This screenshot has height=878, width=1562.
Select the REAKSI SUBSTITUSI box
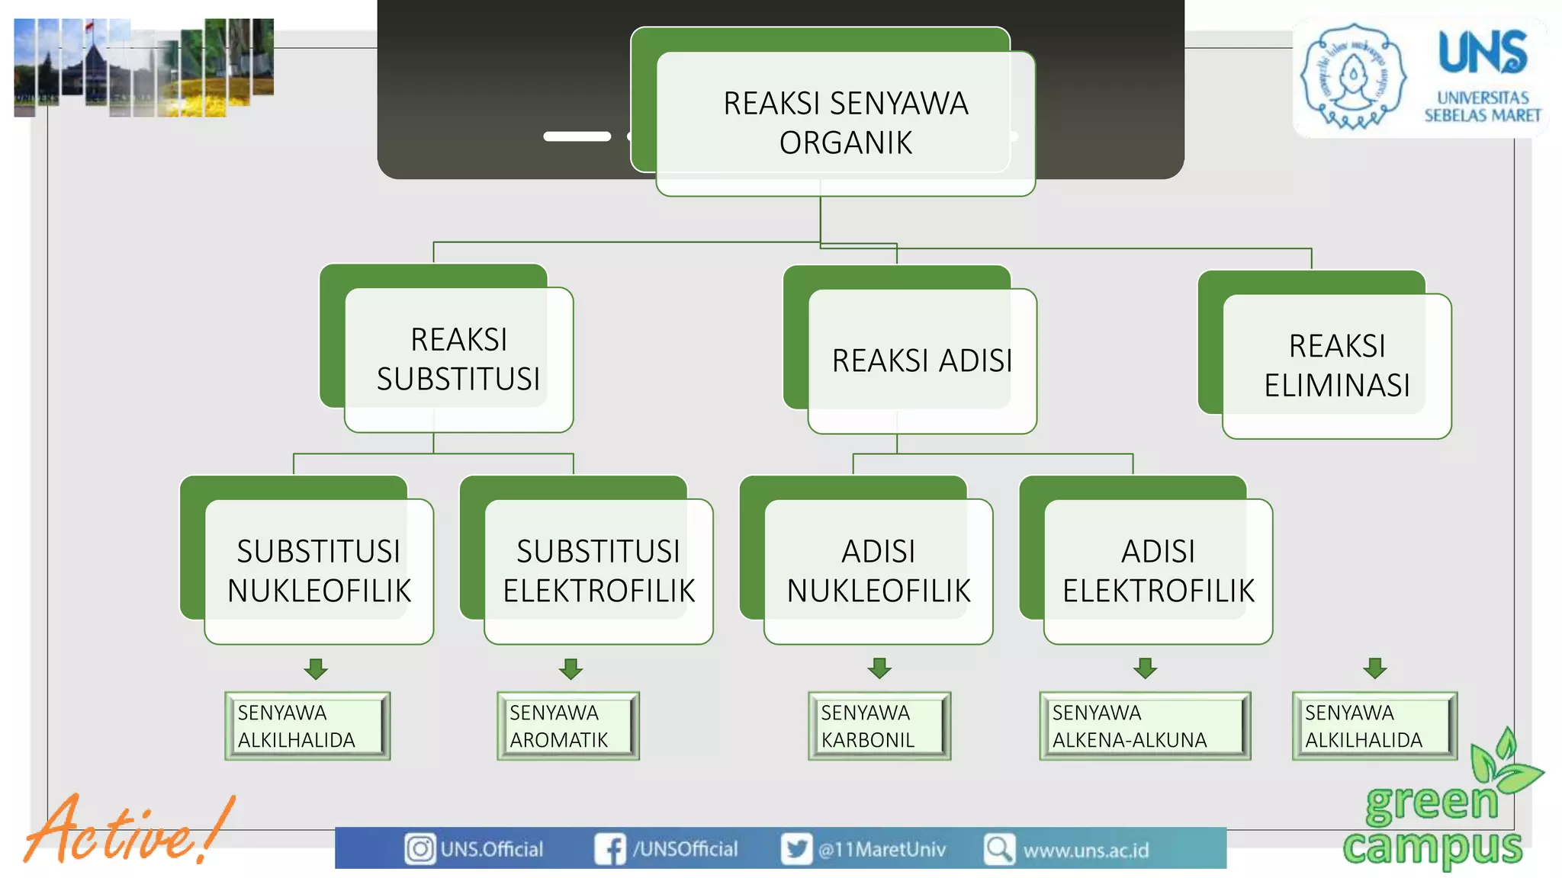coord(458,360)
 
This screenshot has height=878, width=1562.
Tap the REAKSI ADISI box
coord(922,361)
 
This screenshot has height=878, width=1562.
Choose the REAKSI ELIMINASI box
coord(1336,366)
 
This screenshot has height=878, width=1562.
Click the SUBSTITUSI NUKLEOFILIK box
coord(319,572)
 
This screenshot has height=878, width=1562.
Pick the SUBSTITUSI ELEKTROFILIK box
coord(599,572)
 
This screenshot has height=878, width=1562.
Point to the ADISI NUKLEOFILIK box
coord(879,572)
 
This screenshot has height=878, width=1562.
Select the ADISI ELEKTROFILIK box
coord(1158,572)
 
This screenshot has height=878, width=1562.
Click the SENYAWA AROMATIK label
coord(567,726)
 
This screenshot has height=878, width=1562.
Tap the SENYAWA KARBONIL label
coord(879,726)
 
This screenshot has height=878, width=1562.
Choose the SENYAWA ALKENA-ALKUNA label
coord(1144,726)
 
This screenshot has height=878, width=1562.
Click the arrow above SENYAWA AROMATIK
coord(570,668)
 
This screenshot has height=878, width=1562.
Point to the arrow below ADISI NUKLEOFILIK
coord(879,668)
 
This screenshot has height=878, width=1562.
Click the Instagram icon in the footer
coord(419,848)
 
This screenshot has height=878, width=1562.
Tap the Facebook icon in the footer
coord(609,848)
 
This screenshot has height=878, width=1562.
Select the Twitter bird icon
coord(796,848)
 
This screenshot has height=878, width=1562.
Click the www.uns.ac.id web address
coord(1085,850)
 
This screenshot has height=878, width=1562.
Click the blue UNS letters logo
coord(1483,52)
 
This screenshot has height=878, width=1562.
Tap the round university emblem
coord(1353,77)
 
